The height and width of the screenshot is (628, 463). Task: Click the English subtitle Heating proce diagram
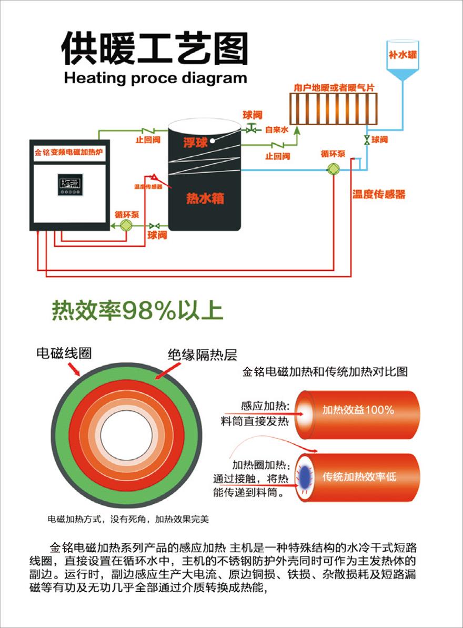[x=155, y=78]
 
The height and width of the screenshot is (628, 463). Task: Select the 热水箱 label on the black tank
[x=205, y=198]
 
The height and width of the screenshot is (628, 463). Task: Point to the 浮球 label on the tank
[x=195, y=142]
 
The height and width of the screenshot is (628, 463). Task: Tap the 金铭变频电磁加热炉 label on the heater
[x=68, y=153]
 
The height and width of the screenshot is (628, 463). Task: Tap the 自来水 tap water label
[x=276, y=129]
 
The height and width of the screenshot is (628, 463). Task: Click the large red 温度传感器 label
[x=379, y=195]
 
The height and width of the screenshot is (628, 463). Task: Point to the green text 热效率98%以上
[x=137, y=311]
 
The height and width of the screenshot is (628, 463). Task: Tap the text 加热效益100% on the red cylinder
[x=358, y=410]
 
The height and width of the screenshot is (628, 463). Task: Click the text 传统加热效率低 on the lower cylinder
[x=359, y=477]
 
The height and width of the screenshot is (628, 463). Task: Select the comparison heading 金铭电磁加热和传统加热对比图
[x=325, y=371]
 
